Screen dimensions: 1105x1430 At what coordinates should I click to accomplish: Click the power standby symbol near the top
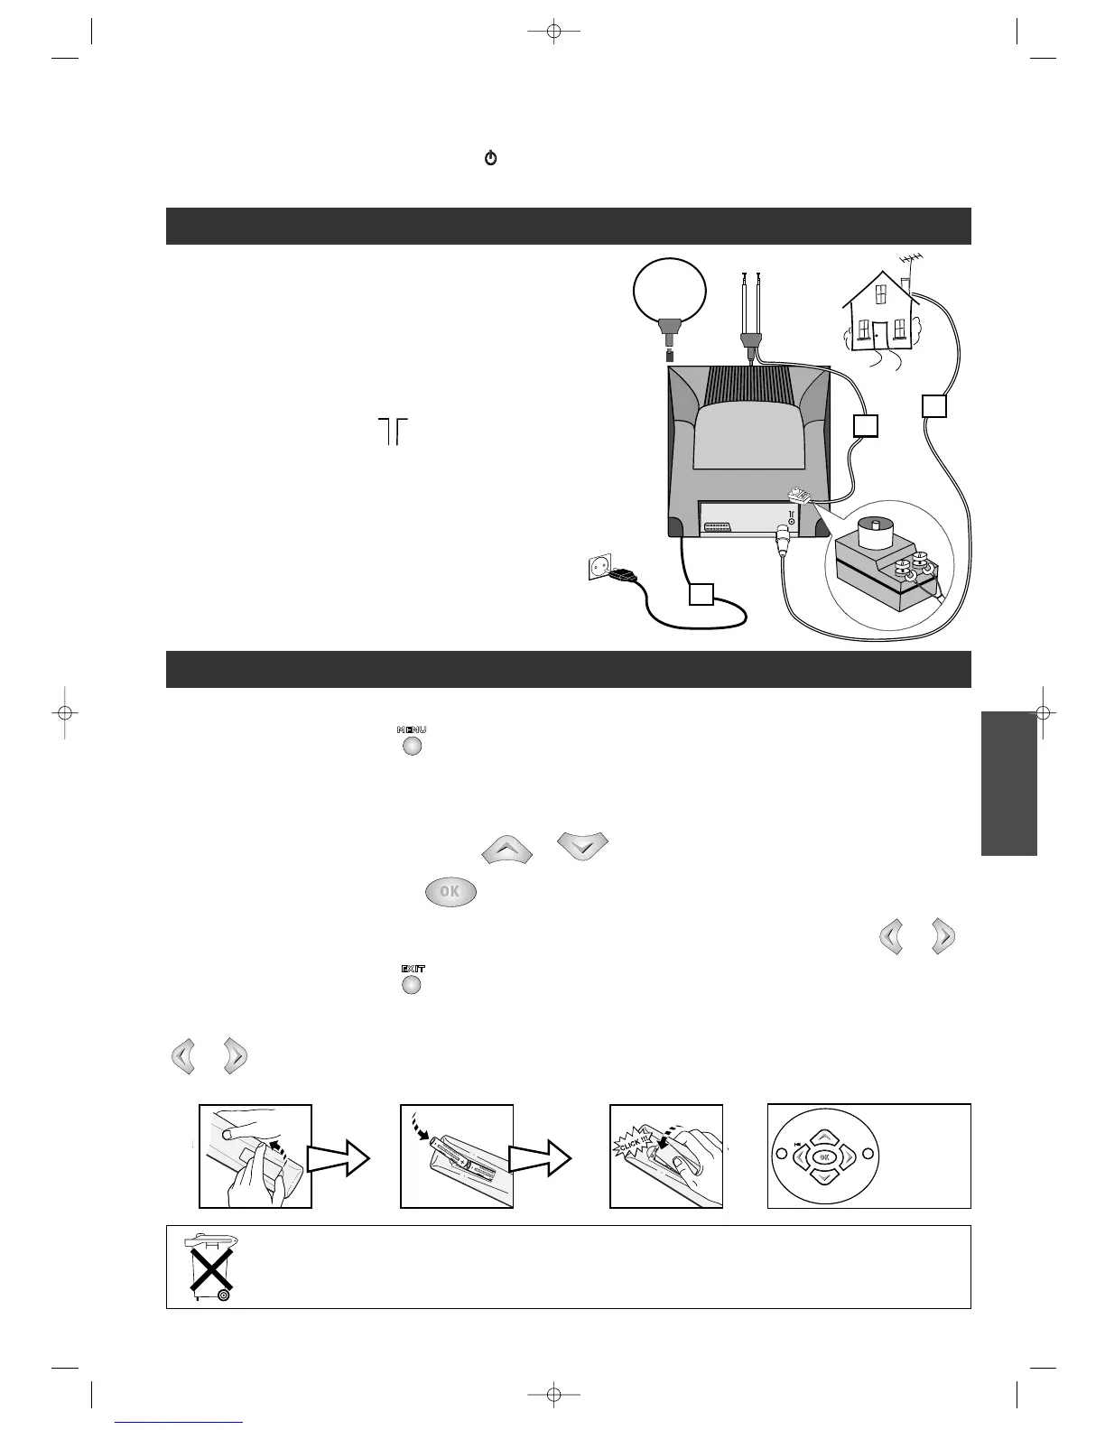coord(491,159)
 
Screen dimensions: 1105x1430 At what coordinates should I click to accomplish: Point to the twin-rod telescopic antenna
coord(749,307)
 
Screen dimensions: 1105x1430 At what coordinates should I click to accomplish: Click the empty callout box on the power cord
coord(701,595)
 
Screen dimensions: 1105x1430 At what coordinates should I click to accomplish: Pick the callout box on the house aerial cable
coord(934,406)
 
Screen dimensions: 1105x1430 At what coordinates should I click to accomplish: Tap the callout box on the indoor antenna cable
coord(866,425)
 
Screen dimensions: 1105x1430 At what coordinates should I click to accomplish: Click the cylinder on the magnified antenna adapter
coord(875,532)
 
